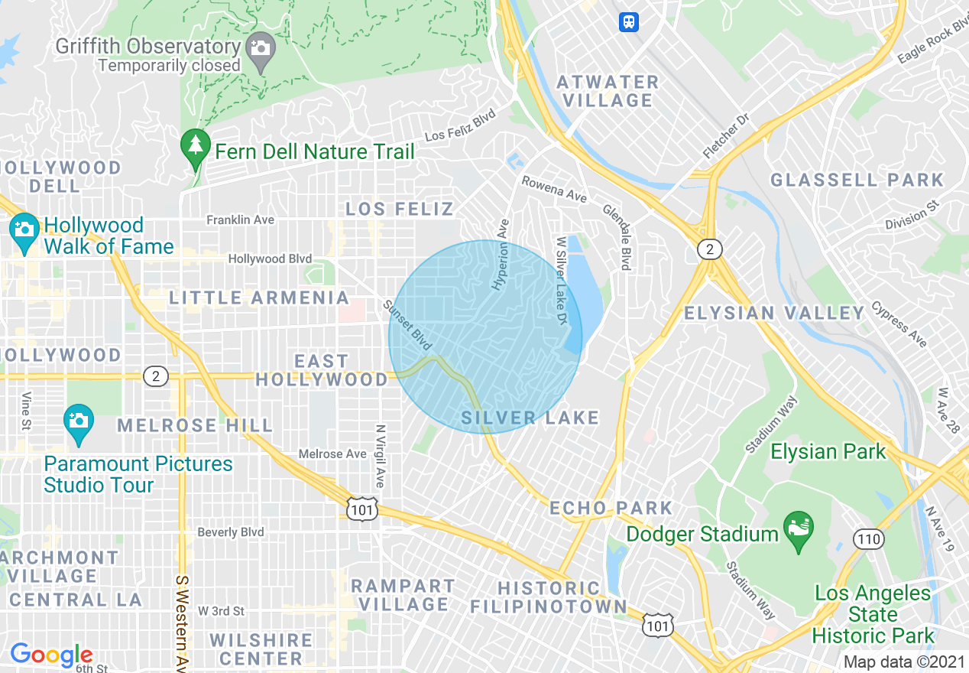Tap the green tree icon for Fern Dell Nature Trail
click(196, 145)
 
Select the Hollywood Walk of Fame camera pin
click(24, 231)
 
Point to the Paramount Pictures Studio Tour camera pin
click(79, 421)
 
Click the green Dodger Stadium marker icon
click(799, 529)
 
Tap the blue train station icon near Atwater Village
click(629, 21)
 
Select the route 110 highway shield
click(868, 539)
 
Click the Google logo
click(51, 655)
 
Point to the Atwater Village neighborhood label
click(608, 91)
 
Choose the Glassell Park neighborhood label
click(857, 180)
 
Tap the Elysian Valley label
click(774, 313)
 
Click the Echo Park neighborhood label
click(611, 508)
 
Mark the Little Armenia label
click(259, 297)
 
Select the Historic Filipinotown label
click(548, 597)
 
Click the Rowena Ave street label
click(554, 189)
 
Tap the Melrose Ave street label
click(332, 454)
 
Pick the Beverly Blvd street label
click(230, 532)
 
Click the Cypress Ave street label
click(899, 323)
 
